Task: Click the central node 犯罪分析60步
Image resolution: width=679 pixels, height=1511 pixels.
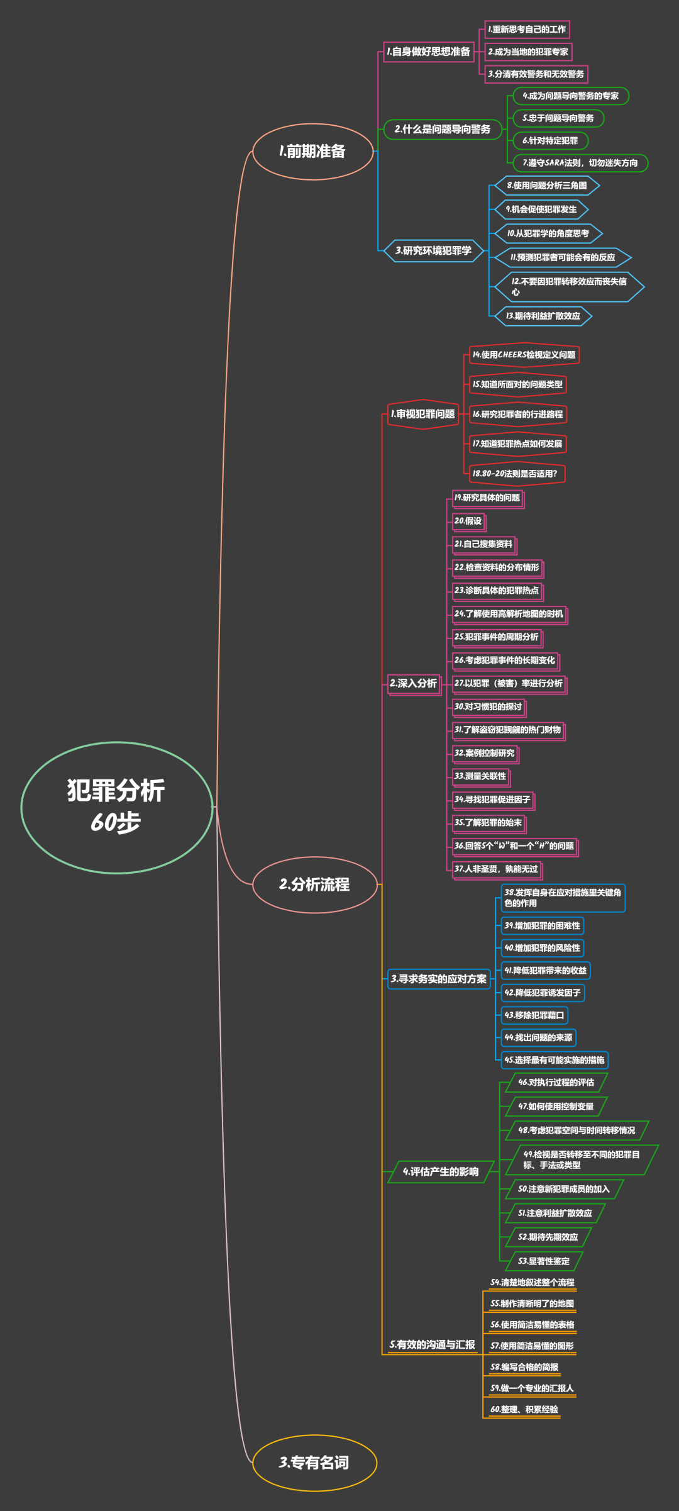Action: click(117, 807)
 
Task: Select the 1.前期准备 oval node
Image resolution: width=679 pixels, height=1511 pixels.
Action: click(313, 152)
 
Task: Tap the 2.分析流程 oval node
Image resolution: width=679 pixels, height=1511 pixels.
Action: click(314, 884)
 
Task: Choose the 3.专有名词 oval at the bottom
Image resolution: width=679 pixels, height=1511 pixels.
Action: click(314, 1463)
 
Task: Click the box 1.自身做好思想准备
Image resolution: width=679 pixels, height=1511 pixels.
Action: click(429, 52)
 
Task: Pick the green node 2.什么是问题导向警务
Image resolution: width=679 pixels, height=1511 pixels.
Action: click(443, 129)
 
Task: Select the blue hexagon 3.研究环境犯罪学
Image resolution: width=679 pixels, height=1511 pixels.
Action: click(434, 250)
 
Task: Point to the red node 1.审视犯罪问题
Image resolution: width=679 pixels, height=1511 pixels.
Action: click(423, 414)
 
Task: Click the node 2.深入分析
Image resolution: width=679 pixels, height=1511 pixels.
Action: click(413, 683)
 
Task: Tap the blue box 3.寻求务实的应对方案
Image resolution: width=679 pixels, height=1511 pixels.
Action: click(439, 979)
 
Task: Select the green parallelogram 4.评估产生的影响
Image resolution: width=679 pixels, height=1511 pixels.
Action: click(441, 1171)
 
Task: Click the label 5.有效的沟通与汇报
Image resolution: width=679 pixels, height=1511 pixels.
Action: click(433, 1344)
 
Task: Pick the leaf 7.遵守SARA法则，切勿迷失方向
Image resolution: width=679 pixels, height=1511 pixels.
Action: click(580, 163)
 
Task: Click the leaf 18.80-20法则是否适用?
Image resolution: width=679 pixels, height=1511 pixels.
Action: click(516, 474)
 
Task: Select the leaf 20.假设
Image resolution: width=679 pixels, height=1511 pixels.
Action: click(468, 521)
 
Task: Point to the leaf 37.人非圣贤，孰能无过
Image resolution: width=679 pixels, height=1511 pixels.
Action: click(496, 869)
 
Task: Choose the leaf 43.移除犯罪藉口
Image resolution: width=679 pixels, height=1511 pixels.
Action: click(534, 1015)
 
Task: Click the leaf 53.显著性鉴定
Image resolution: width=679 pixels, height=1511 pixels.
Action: click(544, 1261)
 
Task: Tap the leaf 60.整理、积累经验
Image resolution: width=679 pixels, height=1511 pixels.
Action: click(524, 1409)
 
